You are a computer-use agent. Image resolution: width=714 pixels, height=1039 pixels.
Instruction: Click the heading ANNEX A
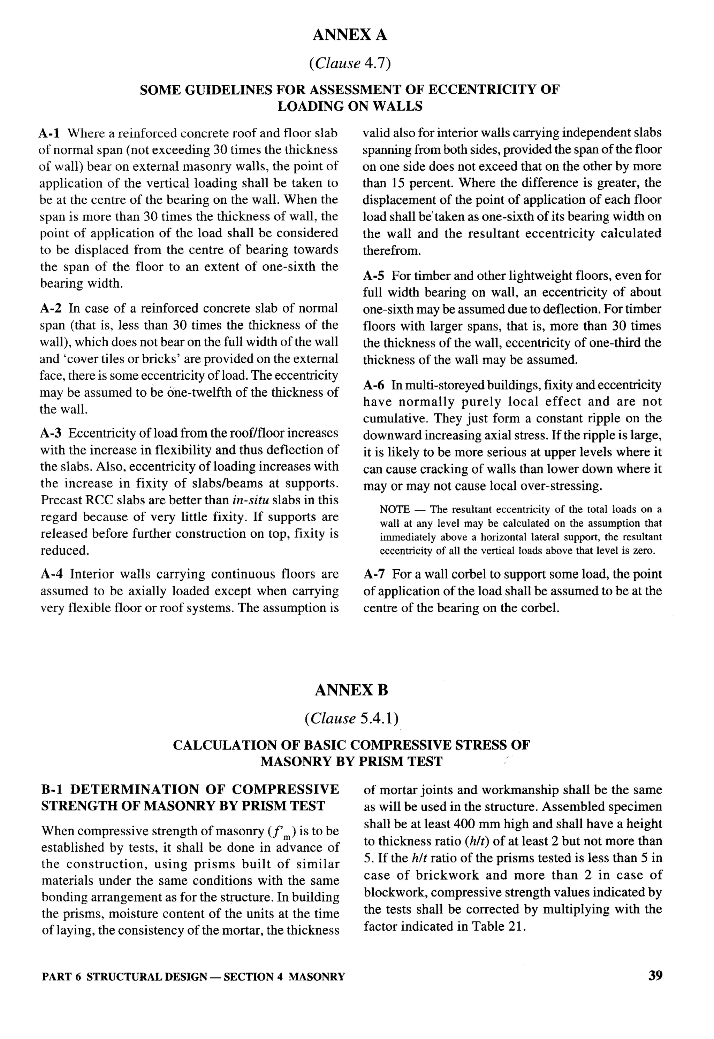(349, 35)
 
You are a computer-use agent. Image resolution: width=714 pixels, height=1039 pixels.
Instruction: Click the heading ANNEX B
(351, 690)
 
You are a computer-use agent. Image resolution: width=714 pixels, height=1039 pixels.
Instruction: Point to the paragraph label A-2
(50, 309)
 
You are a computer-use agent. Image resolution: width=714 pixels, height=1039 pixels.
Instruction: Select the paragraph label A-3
(51, 433)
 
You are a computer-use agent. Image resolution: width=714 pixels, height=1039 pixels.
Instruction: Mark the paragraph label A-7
(374, 574)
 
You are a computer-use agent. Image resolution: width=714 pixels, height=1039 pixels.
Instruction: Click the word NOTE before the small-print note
(395, 509)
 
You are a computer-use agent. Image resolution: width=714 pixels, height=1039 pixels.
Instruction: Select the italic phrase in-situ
(248, 500)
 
